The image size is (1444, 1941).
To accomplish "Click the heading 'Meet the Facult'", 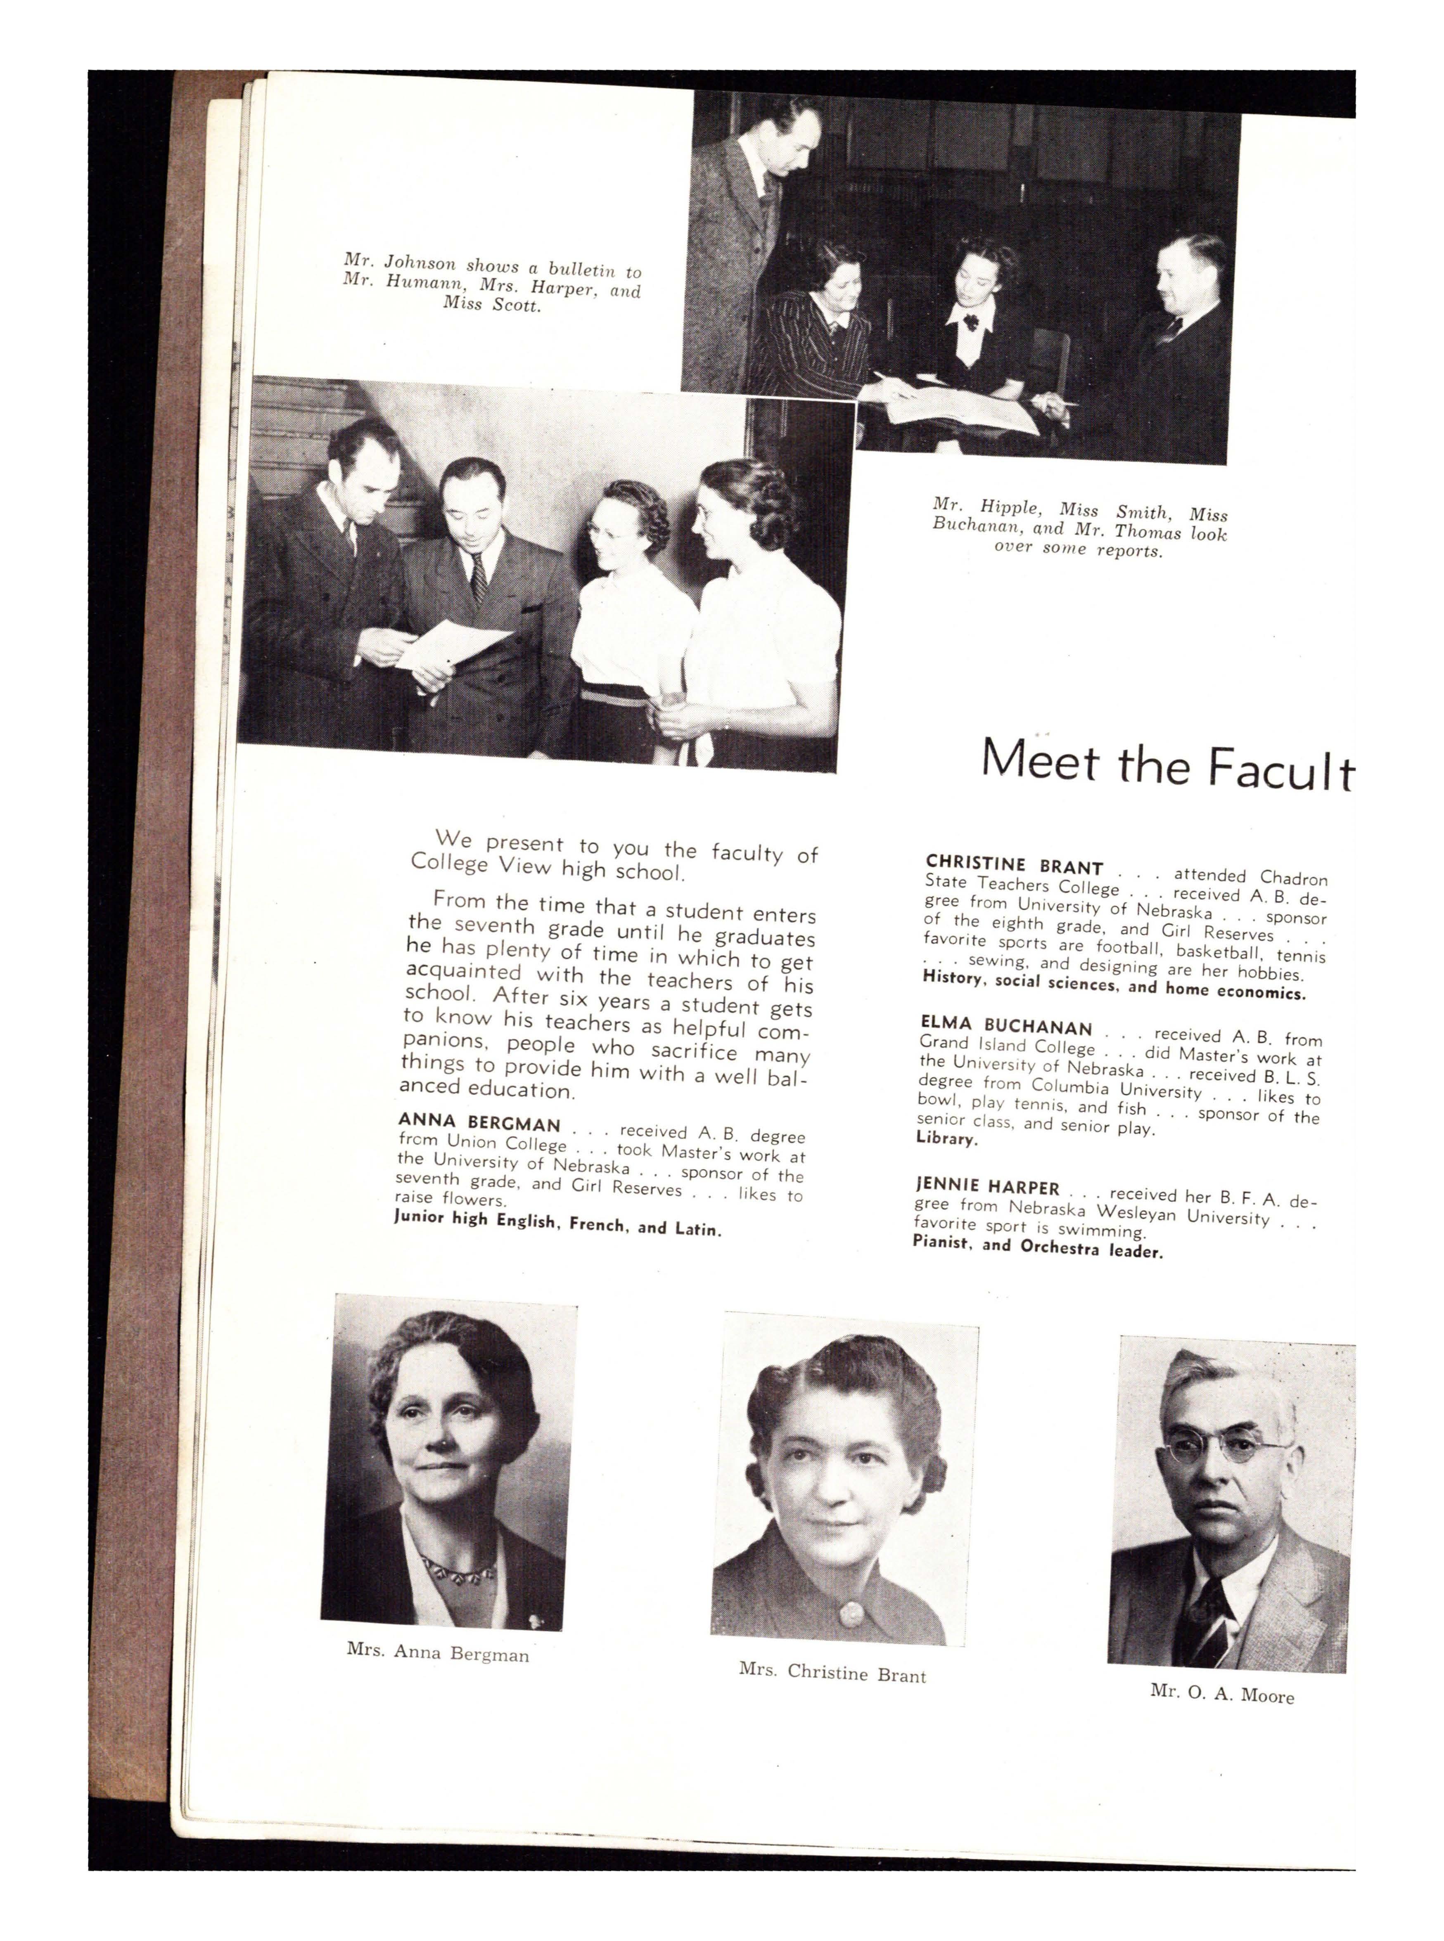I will tap(1167, 764).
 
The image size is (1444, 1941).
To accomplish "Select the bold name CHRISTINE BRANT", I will tap(1014, 865).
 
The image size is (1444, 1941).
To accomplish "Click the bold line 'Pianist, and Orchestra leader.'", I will tap(1038, 1246).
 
